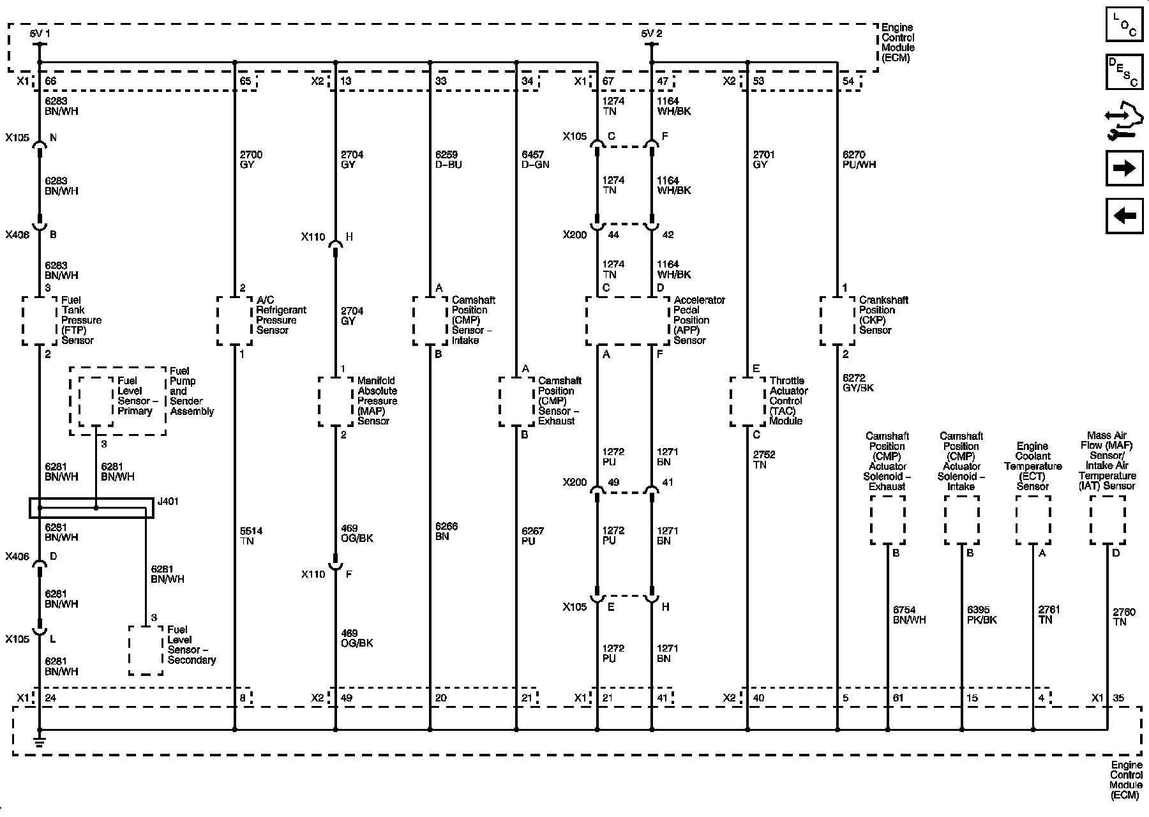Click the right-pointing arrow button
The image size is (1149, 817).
(1123, 169)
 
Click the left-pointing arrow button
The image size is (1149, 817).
(1123, 216)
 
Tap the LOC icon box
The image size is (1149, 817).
(1123, 25)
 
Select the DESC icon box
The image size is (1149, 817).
(1123, 71)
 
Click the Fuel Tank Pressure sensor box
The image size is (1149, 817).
(40, 320)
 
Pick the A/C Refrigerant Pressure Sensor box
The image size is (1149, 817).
(234, 320)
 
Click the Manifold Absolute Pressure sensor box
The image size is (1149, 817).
(335, 401)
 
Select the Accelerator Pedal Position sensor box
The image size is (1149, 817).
(627, 320)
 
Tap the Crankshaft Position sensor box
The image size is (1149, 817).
(837, 320)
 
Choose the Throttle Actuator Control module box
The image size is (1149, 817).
(747, 401)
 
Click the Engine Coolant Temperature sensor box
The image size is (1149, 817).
(1033, 520)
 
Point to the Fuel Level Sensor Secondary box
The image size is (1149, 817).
(146, 650)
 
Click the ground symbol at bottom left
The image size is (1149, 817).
(40, 741)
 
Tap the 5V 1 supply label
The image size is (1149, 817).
(40, 33)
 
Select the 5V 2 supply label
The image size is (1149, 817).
(651, 33)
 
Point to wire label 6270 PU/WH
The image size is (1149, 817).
(859, 160)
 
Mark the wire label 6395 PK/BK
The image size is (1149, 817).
(981, 615)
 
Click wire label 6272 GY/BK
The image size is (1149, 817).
(858, 383)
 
